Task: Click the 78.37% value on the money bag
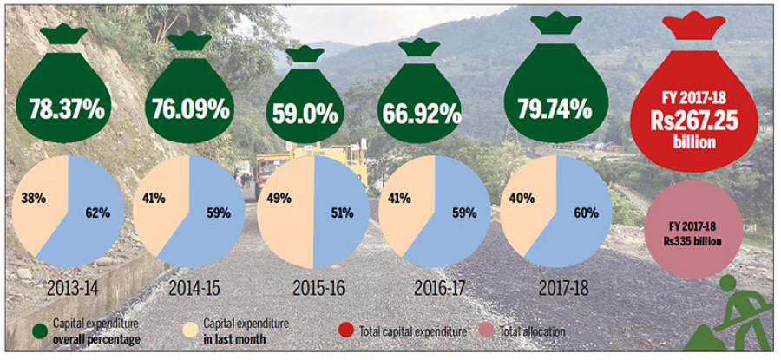click(x=67, y=109)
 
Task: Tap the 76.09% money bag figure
click(x=189, y=109)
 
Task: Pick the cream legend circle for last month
click(x=191, y=331)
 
